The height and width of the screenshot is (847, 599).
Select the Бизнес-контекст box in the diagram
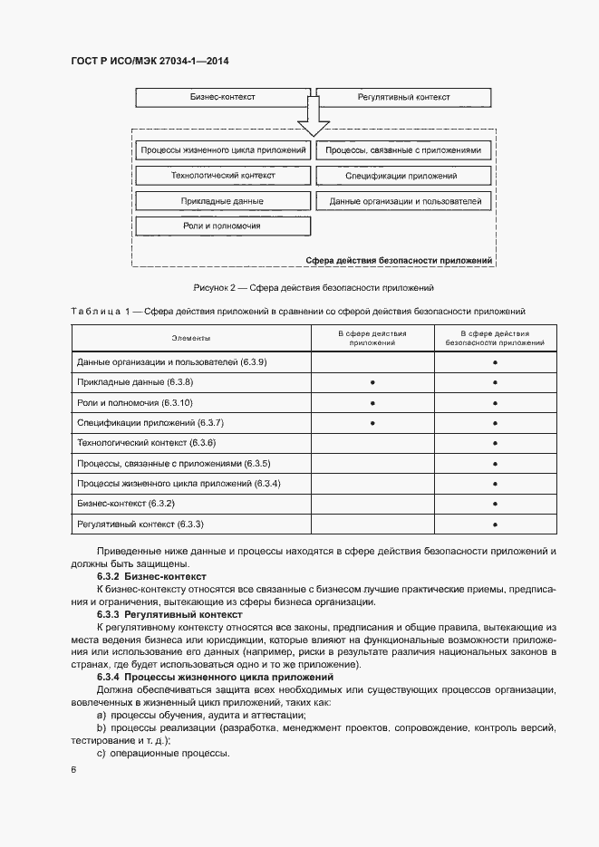(222, 97)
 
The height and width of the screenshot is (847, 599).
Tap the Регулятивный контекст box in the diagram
(403, 97)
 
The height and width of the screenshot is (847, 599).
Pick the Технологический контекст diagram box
(222, 176)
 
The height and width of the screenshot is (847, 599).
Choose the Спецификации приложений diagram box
(403, 176)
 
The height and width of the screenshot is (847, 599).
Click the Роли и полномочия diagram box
(222, 226)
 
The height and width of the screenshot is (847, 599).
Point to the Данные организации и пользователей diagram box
(403, 201)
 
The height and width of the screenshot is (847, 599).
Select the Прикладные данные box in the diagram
(222, 201)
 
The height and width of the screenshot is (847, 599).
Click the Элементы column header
(191, 338)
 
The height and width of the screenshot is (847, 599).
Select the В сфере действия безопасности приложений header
(496, 338)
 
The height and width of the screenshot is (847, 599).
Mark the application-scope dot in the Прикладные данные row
(372, 382)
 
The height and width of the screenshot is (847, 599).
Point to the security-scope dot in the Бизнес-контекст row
(496, 504)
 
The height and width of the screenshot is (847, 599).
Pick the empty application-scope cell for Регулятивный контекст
(372, 524)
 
